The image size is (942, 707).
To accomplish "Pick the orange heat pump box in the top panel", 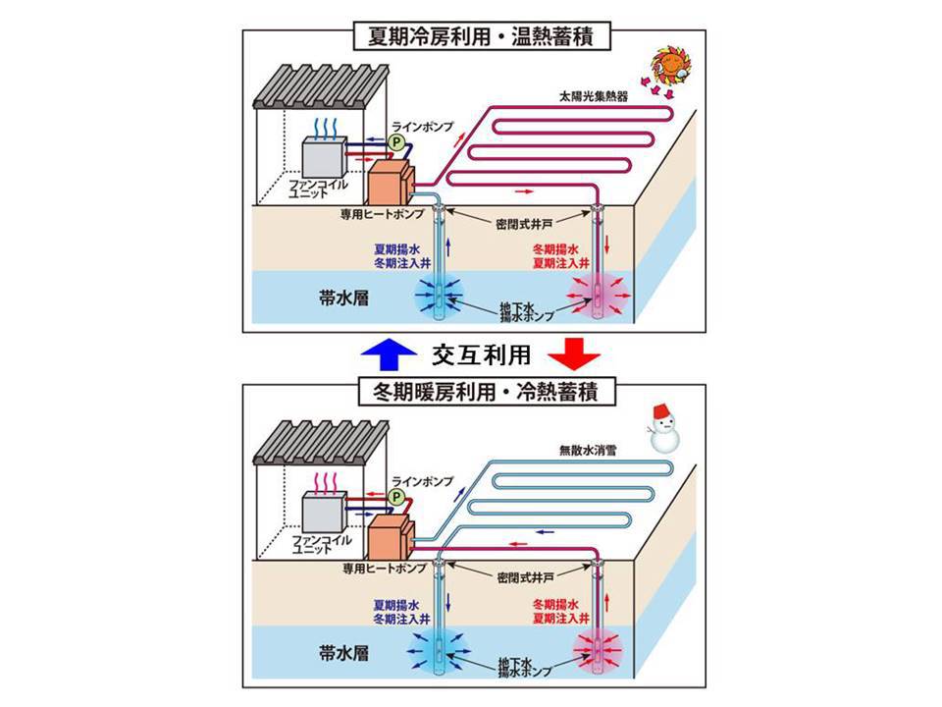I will [391, 187].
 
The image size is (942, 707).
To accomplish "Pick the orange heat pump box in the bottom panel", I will [391, 541].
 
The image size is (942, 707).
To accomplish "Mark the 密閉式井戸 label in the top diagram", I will [524, 224].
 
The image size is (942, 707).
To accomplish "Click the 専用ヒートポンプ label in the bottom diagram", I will [384, 568].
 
